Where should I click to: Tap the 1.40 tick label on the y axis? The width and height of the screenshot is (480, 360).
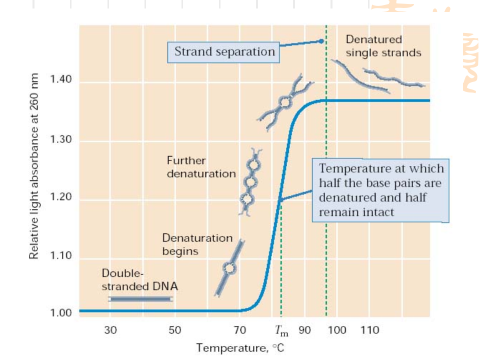coord(61,80)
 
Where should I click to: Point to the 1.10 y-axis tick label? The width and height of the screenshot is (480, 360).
coord(61,256)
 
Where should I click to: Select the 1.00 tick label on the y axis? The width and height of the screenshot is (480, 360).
coord(61,313)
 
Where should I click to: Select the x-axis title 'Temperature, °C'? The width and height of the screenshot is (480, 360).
coord(240,347)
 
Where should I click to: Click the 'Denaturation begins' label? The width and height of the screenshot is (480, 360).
coord(197,244)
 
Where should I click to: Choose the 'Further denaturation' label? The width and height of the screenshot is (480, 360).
coord(201,167)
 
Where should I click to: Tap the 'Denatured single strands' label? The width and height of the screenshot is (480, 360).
coord(383,45)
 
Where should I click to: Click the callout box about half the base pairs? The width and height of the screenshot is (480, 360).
coord(381,190)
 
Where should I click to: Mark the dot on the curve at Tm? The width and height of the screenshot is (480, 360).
coord(280,199)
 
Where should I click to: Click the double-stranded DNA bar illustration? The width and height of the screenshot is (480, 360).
coord(140,299)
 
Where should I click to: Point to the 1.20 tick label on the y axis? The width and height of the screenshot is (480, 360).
coord(61,197)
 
